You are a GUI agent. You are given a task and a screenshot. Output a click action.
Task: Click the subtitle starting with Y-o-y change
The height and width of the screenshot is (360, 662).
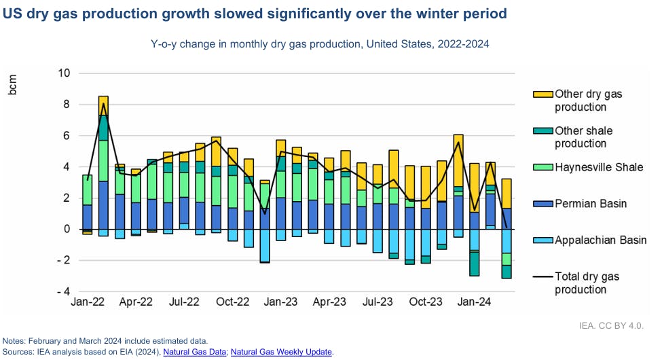tap(320, 43)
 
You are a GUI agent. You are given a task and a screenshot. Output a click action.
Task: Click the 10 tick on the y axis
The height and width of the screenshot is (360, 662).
tap(62, 73)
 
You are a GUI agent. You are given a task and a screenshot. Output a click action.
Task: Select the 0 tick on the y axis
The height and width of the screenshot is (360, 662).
tap(66, 229)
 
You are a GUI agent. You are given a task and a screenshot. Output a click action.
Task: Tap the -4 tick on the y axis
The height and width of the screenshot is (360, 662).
tap(64, 291)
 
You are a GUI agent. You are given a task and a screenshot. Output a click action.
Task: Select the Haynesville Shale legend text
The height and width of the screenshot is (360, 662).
tap(599, 167)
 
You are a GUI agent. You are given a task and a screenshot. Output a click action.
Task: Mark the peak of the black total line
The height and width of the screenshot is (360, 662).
tap(103, 103)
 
